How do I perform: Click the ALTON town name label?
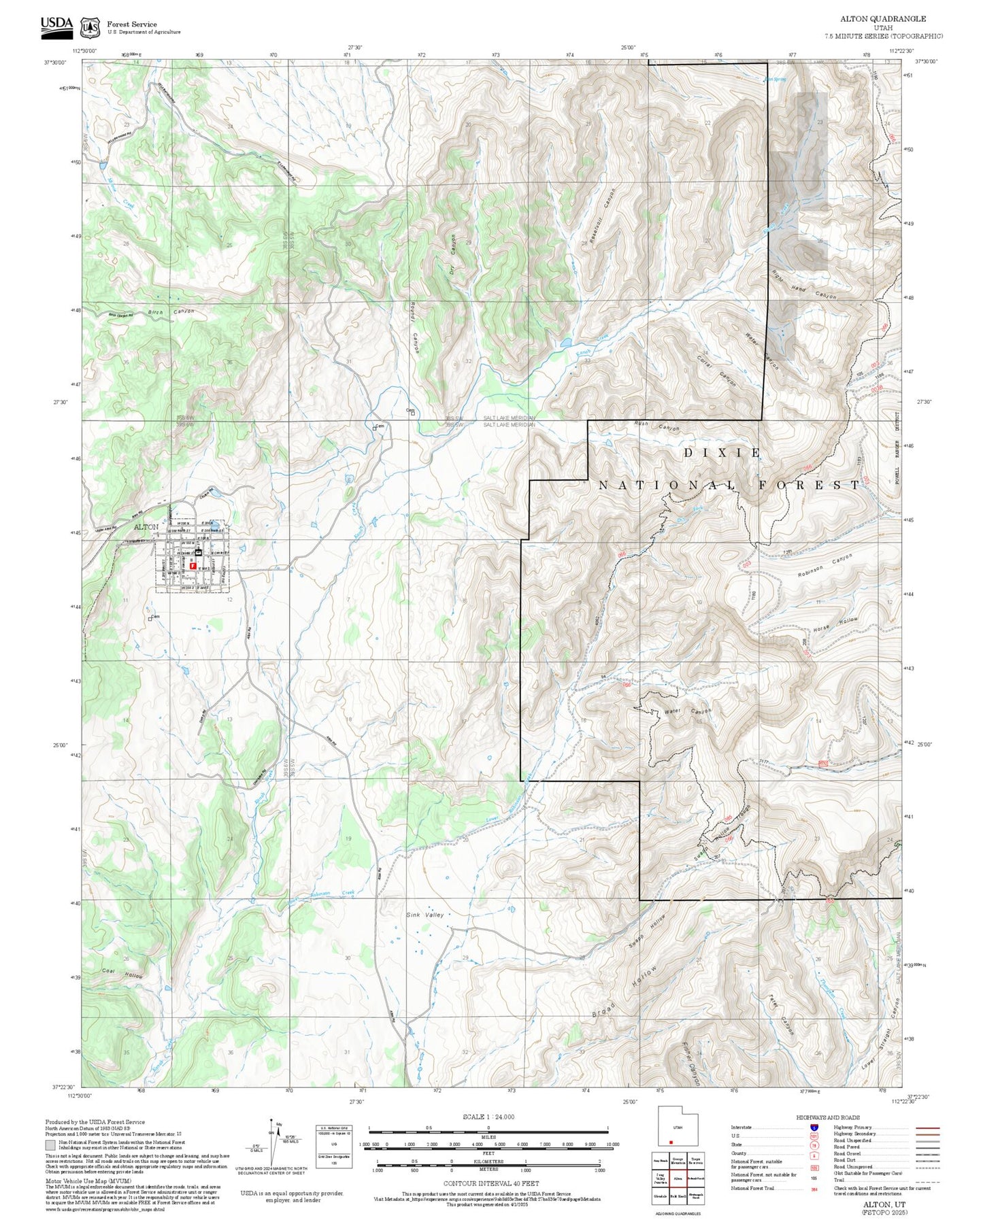click(146, 527)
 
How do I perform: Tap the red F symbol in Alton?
click(193, 565)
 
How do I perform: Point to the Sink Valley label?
click(425, 915)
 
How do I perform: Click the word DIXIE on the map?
click(722, 452)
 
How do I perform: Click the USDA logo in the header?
click(56, 24)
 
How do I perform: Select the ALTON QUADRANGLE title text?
click(882, 19)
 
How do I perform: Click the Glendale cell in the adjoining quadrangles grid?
click(660, 1195)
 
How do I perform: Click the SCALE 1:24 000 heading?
click(488, 1117)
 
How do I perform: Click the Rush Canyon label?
click(656, 426)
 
